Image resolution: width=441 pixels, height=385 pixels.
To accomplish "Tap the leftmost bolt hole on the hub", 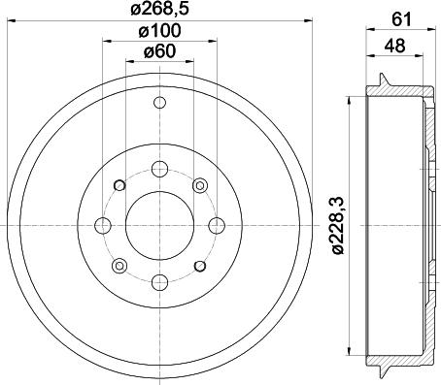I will [102, 225].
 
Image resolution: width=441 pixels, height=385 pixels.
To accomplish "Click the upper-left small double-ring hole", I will [119, 184].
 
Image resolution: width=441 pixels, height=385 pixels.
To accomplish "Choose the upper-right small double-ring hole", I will [199, 184].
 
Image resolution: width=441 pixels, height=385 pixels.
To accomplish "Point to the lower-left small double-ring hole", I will [119, 265].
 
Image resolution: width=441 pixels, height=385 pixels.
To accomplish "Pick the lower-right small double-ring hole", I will [199, 265].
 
